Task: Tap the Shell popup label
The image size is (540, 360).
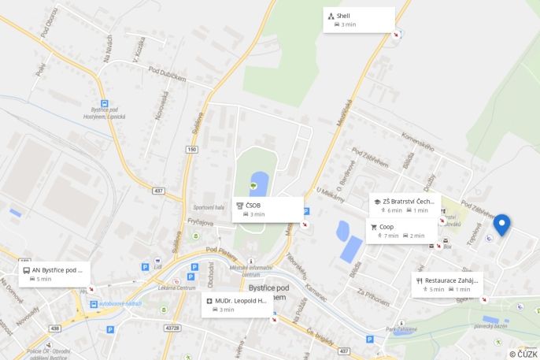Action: pos(359,20)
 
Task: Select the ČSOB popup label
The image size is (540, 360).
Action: pos(268,209)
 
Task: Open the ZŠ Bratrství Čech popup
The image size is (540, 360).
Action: pos(405,205)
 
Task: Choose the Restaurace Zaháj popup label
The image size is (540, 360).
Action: pos(447,284)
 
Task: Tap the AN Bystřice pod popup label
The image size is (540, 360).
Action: pos(54,274)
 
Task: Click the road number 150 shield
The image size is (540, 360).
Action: pos(191,149)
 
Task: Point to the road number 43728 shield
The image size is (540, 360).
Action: pos(172,328)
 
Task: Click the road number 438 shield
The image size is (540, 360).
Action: pos(55,328)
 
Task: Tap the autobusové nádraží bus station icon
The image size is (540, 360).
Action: pos(94,303)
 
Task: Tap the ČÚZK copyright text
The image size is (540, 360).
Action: pos(523,354)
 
